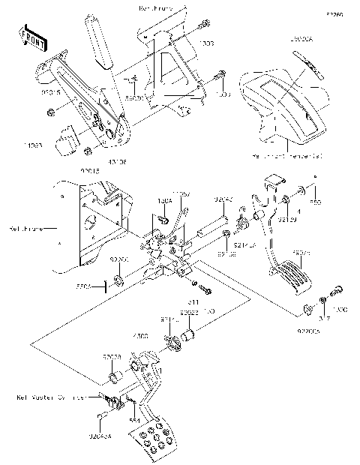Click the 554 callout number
click(x=135, y=421)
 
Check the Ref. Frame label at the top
click(x=155, y=8)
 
